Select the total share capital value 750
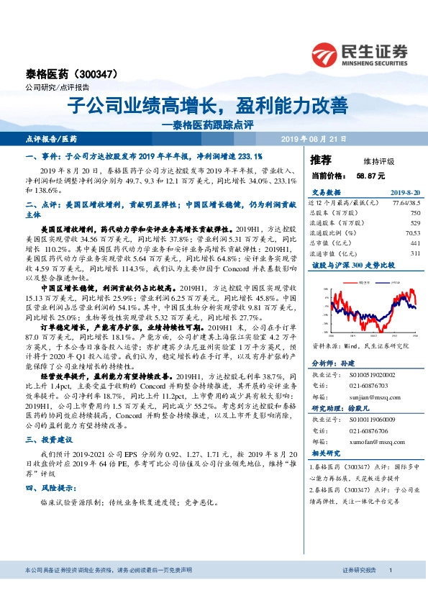click(414, 214)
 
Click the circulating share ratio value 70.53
click(411, 233)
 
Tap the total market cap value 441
click(414, 243)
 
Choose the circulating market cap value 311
click(414, 253)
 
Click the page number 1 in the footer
click(389, 590)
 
